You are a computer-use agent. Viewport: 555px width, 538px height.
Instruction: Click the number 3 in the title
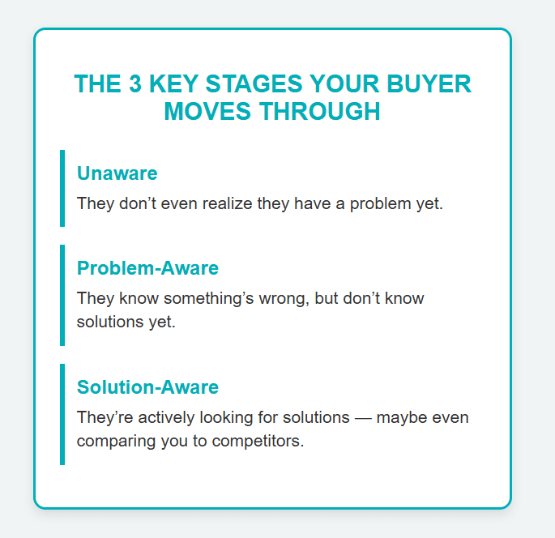pos(135,84)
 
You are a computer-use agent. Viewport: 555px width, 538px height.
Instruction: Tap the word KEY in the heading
pos(173,84)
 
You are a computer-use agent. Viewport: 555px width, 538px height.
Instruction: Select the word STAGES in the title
pos(254,84)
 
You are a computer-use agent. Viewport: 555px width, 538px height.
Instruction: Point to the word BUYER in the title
pos(429,84)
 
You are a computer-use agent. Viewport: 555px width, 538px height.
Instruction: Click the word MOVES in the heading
pos(207,111)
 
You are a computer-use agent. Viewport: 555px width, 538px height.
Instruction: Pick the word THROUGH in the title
pos(320,111)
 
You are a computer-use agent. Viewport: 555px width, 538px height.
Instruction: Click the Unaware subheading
pos(117,173)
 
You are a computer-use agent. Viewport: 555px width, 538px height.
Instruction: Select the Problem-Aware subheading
pos(147,268)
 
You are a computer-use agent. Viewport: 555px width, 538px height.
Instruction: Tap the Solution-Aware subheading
pos(147,386)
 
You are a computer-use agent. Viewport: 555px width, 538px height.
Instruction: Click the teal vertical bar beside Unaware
pos(62,188)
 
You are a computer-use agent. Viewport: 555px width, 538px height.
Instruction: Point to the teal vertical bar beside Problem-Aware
pos(62,295)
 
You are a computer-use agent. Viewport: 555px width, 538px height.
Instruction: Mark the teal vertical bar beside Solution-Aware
pos(62,414)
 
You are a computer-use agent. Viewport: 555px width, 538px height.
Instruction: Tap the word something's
pos(209,299)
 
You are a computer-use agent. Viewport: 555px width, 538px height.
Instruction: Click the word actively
pos(166,418)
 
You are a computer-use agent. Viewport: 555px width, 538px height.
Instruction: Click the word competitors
pos(258,442)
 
